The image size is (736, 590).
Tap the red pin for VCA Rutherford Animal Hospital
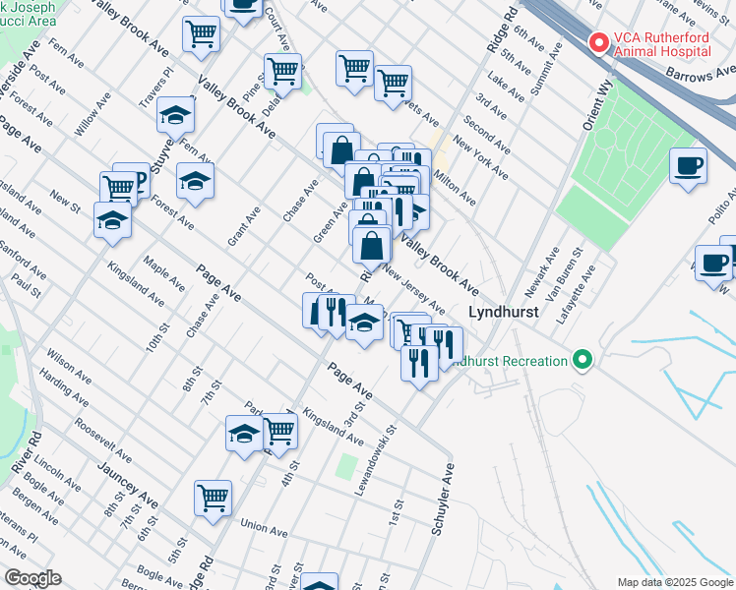click(596, 42)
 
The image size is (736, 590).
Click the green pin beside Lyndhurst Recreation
click(583, 360)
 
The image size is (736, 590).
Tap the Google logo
click(32, 577)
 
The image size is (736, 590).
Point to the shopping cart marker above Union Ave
click(213, 499)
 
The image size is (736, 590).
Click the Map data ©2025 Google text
click(674, 581)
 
